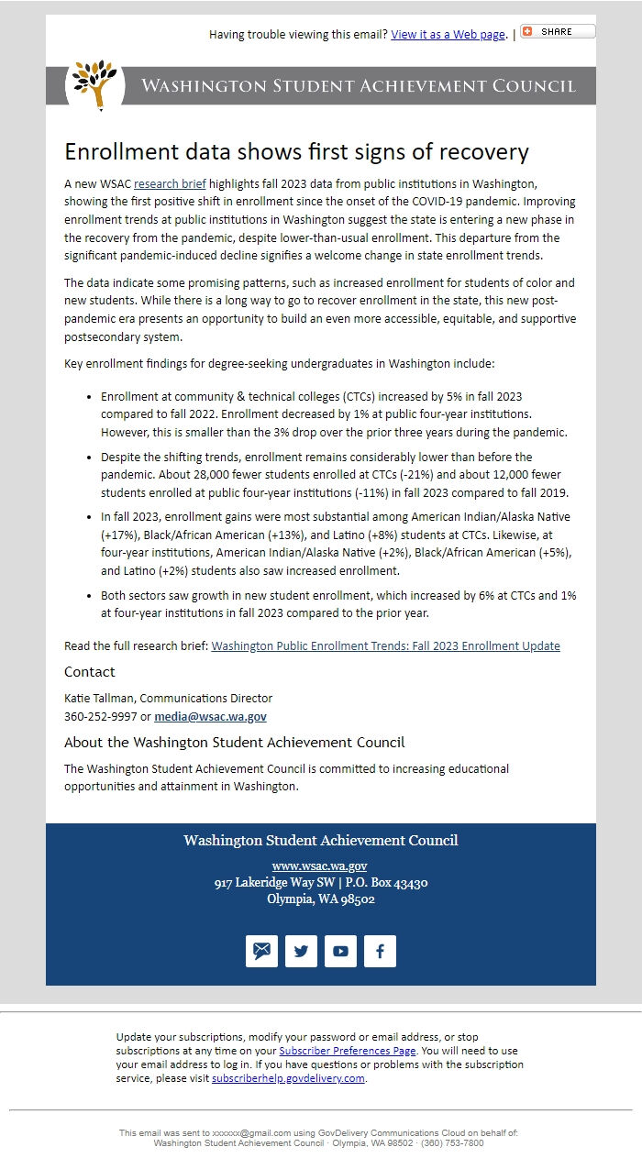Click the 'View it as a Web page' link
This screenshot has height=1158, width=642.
pos(448,35)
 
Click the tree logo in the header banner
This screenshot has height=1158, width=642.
pos(94,84)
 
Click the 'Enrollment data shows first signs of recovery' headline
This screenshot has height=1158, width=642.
pos(296,152)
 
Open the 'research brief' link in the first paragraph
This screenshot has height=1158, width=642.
pos(170,183)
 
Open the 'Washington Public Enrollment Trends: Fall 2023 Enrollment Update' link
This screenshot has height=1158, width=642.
pos(385,645)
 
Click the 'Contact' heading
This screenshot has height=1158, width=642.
pos(90,672)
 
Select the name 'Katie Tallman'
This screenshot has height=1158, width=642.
pos(99,699)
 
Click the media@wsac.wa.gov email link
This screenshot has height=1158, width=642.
pos(210,716)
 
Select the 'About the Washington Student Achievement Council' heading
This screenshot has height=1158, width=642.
pos(234,743)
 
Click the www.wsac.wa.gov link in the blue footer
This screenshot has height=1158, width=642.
pos(320,866)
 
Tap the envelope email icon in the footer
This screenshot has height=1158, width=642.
pos(261,951)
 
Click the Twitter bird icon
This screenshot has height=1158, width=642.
pos(301,951)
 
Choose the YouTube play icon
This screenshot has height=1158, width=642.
pos(340,951)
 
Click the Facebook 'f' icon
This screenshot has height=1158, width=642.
pos(380,951)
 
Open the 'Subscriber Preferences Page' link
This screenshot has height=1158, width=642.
pos(347,1051)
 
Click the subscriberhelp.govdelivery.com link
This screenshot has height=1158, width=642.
pos(288,1078)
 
